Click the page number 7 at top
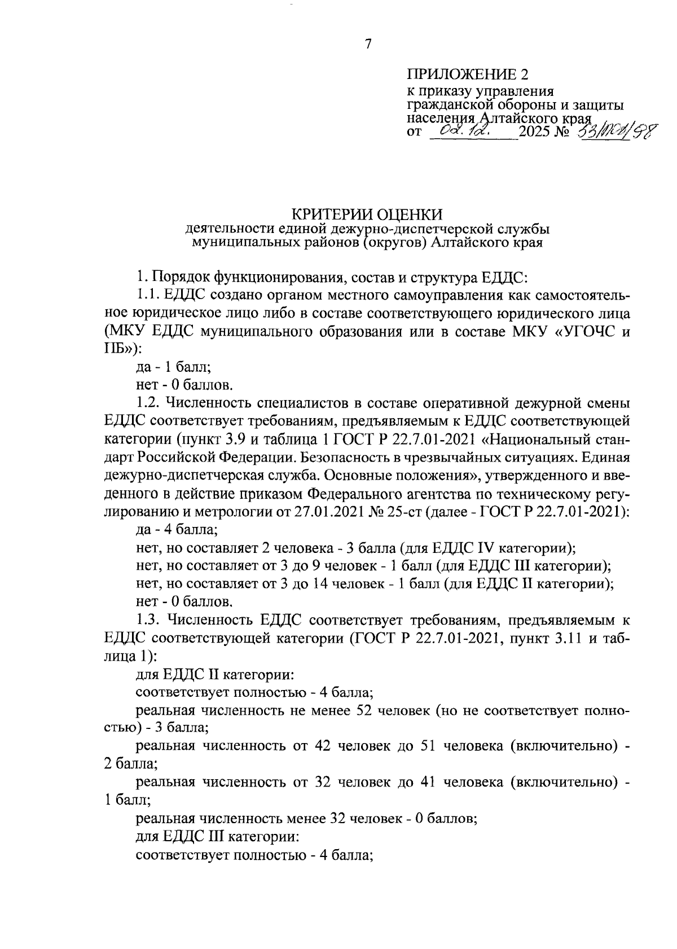tap(368, 45)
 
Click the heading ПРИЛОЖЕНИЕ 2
tap(469, 74)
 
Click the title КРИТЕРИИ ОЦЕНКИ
tap(367, 214)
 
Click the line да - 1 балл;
tap(174, 367)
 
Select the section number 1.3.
tap(150, 620)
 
